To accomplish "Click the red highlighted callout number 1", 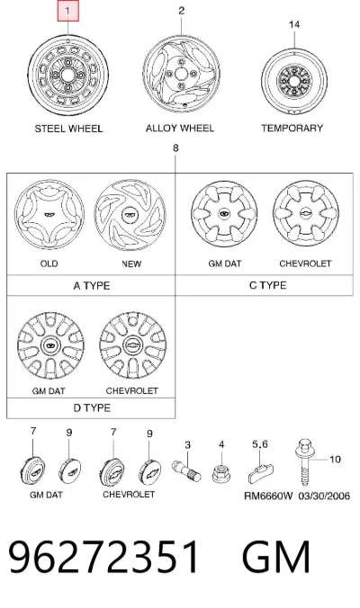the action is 68,12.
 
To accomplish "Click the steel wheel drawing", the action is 67,76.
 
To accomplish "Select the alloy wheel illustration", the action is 181,74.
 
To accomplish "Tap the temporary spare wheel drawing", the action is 294,82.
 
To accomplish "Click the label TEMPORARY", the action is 292,128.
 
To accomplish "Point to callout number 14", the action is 294,24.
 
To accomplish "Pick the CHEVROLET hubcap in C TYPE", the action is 306,214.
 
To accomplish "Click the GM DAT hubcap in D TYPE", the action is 50,345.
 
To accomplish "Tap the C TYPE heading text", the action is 267,285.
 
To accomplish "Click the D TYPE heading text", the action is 92,408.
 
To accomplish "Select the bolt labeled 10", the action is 305,462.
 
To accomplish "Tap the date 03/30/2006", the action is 324,496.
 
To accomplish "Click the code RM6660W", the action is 268,496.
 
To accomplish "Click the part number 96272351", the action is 104,557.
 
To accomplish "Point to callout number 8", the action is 175,148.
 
